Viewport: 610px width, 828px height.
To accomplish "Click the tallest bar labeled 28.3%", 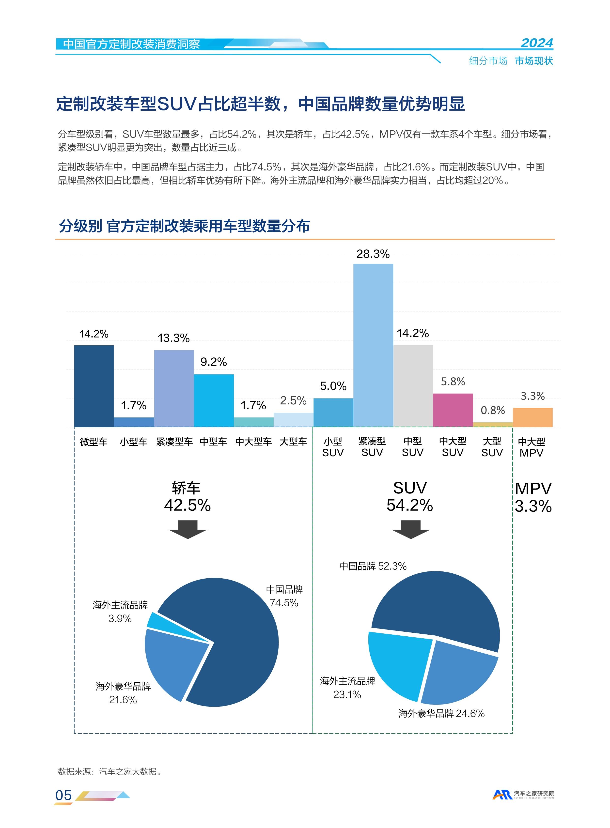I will tap(373, 345).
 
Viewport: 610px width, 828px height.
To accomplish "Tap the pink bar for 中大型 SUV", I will tap(453, 410).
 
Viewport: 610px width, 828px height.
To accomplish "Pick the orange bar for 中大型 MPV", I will tap(532, 417).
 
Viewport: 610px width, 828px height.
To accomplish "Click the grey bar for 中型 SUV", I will tap(413, 386).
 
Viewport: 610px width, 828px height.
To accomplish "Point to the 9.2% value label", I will tap(213, 362).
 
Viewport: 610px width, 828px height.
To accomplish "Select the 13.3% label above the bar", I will tap(173, 338).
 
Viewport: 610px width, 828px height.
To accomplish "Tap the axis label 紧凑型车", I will tap(174, 442).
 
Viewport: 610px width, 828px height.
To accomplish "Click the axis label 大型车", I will tap(293, 442).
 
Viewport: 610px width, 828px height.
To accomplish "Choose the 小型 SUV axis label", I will tap(333, 447).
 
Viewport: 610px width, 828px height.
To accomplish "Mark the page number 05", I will tap(63, 795).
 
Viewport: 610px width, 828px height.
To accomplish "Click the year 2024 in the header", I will tap(536, 43).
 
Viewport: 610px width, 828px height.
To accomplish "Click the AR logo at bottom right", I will tap(502, 794).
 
